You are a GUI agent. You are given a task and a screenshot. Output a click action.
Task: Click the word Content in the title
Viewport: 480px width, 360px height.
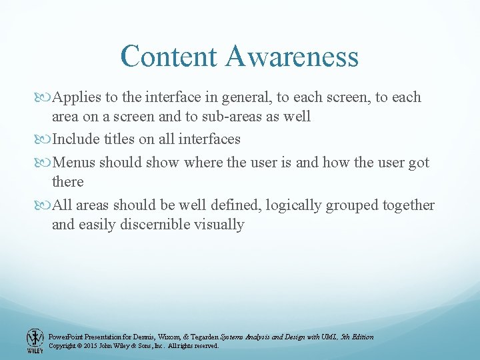169,57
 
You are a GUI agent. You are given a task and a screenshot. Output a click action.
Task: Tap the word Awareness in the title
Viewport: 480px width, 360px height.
292,57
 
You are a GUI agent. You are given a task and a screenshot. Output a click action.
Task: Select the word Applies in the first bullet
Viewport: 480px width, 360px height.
76,97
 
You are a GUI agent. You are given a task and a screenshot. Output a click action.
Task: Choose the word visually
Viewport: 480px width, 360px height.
221,225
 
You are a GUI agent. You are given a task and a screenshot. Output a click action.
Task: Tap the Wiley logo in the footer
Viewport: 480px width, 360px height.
35,341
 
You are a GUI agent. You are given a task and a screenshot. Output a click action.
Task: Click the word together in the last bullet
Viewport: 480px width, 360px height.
407,205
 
